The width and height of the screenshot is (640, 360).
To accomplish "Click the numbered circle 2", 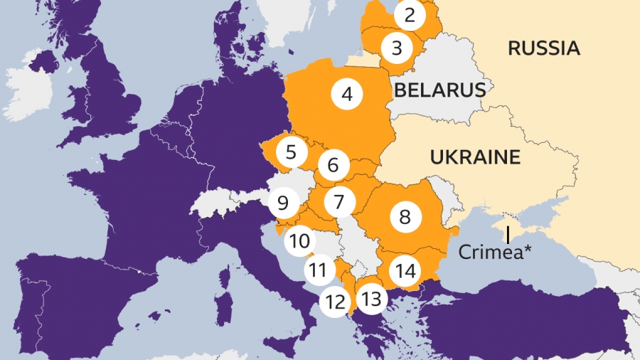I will (x=409, y=15).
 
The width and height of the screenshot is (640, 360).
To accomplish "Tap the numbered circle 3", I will (x=397, y=48).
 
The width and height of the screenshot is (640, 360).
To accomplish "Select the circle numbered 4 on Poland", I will (x=346, y=93).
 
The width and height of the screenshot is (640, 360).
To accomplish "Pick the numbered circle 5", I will (x=290, y=152).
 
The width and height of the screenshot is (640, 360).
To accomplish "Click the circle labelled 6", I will (x=333, y=166).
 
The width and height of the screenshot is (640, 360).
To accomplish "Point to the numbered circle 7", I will (x=339, y=202).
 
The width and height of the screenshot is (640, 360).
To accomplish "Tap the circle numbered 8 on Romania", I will (x=405, y=216).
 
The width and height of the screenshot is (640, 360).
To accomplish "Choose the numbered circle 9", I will (x=283, y=203).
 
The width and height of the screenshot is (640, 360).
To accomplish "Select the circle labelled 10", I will (x=300, y=240).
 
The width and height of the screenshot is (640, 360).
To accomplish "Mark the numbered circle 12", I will (x=334, y=301).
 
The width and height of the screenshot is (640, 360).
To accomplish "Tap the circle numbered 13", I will (x=370, y=299).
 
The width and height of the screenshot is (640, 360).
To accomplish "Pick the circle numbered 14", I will (x=406, y=270).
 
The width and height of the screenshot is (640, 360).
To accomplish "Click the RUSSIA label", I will (x=544, y=48).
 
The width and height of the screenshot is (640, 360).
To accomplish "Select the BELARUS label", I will (x=439, y=90).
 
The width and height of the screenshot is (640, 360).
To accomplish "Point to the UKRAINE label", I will (x=475, y=157).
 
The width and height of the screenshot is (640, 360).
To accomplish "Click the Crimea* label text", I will (x=495, y=252).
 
